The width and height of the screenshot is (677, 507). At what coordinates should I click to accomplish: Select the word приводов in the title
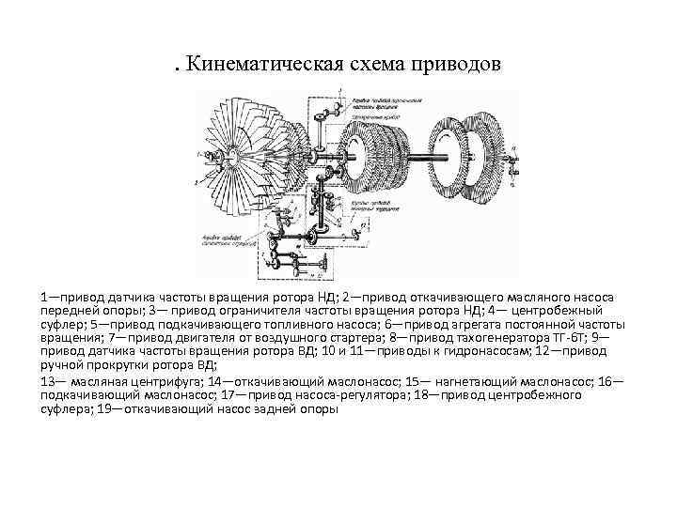(x=460, y=65)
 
